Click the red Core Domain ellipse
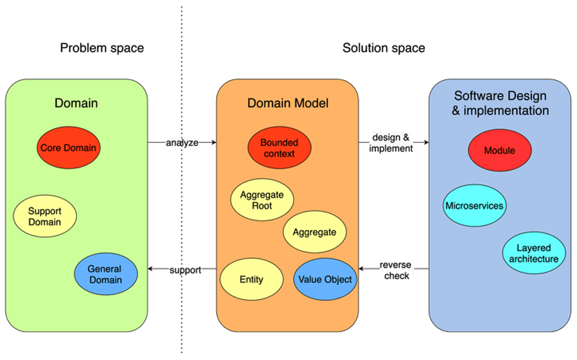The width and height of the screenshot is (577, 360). coord(68,148)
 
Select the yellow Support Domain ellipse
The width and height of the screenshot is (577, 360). coord(45,216)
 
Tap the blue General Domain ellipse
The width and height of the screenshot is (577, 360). coord(105,274)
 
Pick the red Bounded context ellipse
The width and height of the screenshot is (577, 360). coord(279,148)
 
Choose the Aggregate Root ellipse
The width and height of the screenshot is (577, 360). coord(262,200)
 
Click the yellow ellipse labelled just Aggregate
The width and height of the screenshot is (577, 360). coord(314,232)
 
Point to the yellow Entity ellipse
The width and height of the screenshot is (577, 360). coord(252,279)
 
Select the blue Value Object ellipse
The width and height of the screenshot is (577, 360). coord(325,279)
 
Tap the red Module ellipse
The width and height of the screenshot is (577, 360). coord(499,150)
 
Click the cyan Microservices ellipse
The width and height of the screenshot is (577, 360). coord(474,206)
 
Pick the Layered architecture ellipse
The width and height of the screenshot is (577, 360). coord(534,253)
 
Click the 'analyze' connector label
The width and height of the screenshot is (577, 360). coord(182,143)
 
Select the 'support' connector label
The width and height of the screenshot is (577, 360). coord(186,270)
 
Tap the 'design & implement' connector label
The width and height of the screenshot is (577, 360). coord(391,142)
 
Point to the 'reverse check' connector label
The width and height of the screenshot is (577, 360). coord(396,270)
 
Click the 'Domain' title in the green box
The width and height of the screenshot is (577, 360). coord(76,103)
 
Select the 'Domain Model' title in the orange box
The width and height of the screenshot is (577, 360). coord(288,103)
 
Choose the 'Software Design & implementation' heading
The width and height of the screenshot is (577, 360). coord(500,104)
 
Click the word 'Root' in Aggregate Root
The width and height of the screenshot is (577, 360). coord(262,206)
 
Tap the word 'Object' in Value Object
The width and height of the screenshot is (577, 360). coord(338,279)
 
